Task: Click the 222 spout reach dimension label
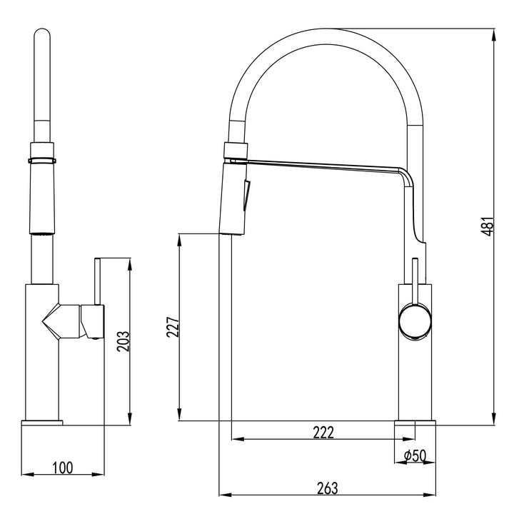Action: coord(323,432)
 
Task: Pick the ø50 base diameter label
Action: coord(414,455)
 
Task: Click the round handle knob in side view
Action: coord(414,320)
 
